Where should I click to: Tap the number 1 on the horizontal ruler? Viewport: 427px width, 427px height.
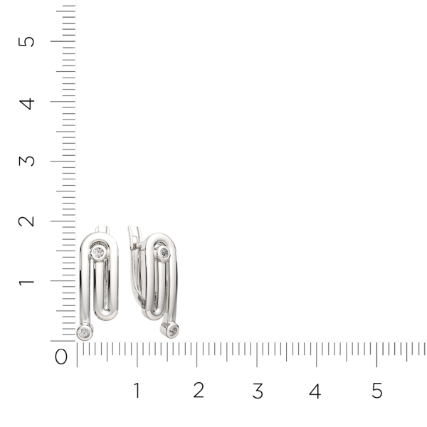(x=137, y=390)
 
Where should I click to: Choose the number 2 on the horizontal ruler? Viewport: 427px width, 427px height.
(x=198, y=390)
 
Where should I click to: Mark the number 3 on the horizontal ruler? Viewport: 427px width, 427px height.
(x=258, y=390)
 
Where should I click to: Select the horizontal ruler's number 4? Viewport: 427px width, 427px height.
(x=315, y=390)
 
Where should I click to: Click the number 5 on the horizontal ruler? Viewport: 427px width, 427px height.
(x=377, y=390)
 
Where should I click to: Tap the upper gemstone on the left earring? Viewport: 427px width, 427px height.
(x=99, y=252)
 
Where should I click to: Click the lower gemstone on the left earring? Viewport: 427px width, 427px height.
(x=85, y=332)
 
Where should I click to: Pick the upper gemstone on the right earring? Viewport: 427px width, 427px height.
(x=164, y=252)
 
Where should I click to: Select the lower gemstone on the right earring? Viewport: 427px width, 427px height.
(x=172, y=329)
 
